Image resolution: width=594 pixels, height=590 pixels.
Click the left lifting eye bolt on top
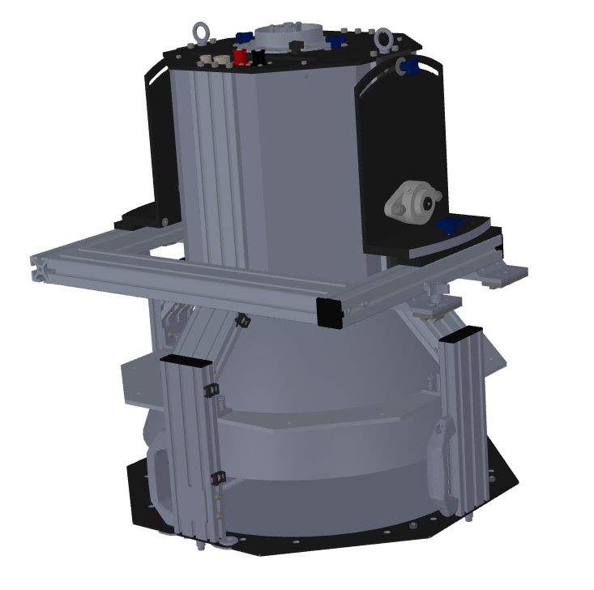point(199,33)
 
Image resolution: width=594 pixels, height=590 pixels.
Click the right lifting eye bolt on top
point(382,37)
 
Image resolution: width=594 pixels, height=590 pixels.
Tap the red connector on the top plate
point(241,57)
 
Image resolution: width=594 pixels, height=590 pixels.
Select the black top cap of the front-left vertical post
point(184,360)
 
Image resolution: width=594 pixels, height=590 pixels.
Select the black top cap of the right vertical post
point(462,332)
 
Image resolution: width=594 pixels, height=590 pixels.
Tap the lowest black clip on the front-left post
point(216,480)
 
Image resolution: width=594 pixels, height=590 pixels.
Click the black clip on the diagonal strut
point(240,321)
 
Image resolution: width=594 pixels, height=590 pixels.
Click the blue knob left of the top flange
point(242,36)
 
